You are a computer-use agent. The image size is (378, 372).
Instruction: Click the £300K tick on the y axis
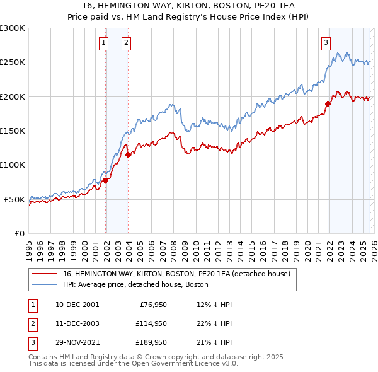click(13, 28)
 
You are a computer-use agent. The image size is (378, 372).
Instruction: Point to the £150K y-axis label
click(13, 131)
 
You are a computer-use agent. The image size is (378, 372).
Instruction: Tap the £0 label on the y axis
click(19, 233)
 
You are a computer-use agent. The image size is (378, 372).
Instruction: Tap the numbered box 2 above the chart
click(126, 43)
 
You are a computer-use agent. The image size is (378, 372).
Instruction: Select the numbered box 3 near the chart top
click(326, 43)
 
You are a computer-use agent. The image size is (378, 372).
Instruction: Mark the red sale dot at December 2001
click(105, 181)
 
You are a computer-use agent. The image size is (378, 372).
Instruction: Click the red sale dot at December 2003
click(128, 154)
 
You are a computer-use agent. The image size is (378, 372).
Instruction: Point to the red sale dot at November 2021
click(328, 103)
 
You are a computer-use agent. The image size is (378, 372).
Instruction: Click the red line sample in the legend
click(44, 274)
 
